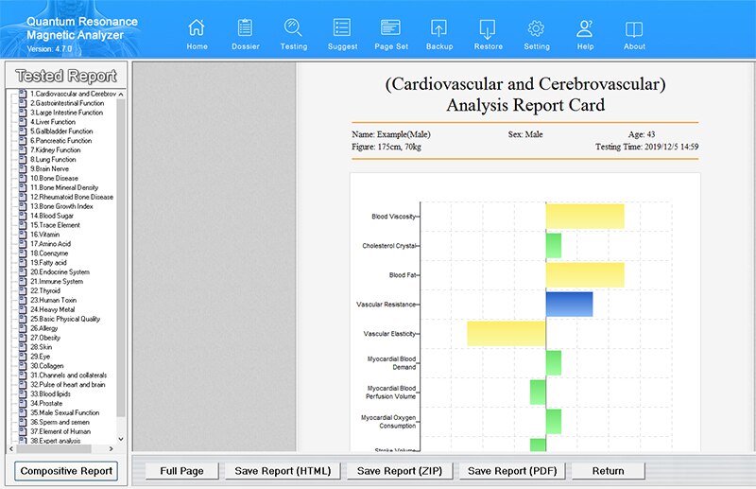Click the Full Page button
pos(181,470)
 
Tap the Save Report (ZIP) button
pos(399,470)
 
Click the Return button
pos(609,470)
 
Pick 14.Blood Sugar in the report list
pos(51,216)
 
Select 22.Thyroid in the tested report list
pos(44,290)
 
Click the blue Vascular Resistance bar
pos(569,304)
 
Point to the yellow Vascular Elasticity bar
pos(506,333)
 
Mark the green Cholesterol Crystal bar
pos(553,246)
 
